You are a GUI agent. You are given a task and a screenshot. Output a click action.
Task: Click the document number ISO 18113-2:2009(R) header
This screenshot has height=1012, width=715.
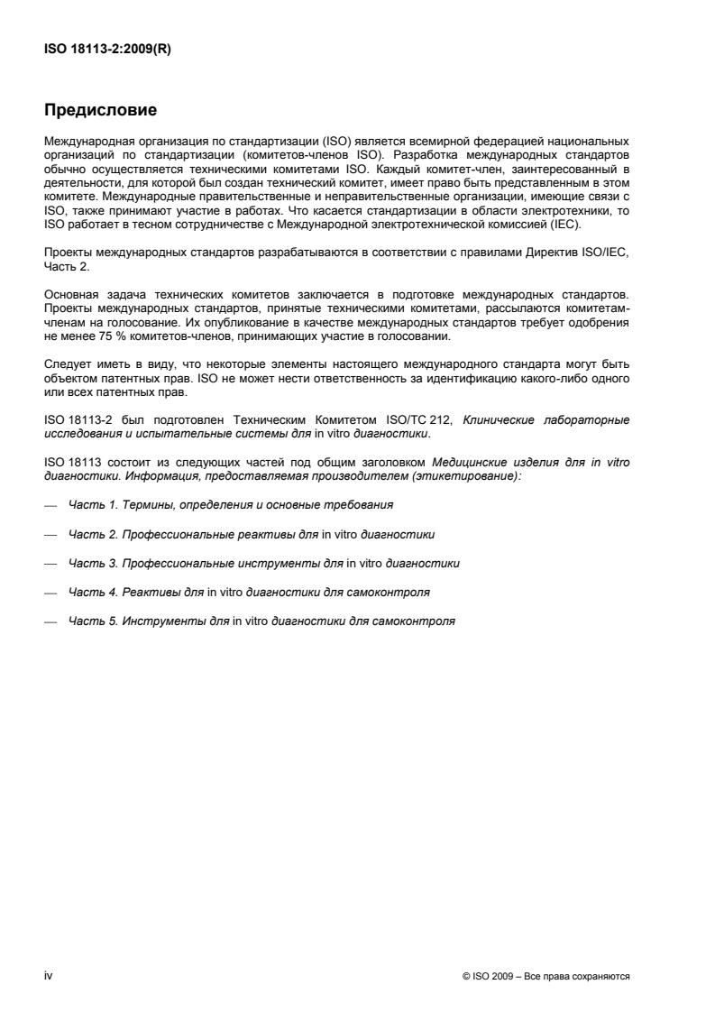tap(107, 51)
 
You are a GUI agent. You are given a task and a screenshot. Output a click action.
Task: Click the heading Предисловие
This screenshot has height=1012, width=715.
tap(101, 111)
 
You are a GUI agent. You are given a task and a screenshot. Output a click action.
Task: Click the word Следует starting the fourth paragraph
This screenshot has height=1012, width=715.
tap(68, 359)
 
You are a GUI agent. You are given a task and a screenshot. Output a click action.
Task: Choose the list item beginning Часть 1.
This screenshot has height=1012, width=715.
tap(231, 505)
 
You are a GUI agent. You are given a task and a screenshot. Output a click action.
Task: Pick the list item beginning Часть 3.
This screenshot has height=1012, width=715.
tap(264, 563)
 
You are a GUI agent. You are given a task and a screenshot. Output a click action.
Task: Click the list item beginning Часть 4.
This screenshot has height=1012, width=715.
tap(249, 593)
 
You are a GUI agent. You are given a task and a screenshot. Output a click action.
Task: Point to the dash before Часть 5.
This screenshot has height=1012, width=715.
tap(51, 622)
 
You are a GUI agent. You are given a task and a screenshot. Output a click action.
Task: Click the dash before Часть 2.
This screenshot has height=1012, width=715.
tap(51, 534)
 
